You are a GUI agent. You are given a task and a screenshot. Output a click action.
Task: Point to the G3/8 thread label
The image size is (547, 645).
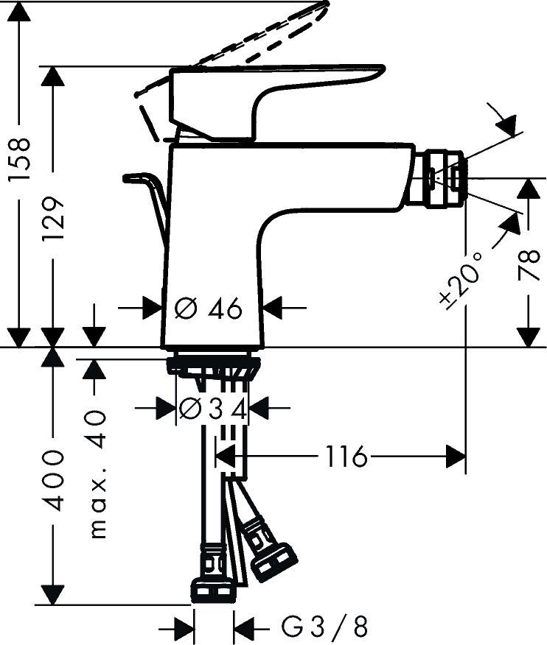click(324, 627)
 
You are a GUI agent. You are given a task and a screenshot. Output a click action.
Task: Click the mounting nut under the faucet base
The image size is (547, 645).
click(213, 364)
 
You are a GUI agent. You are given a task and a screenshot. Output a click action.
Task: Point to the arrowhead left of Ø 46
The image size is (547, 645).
click(151, 309)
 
